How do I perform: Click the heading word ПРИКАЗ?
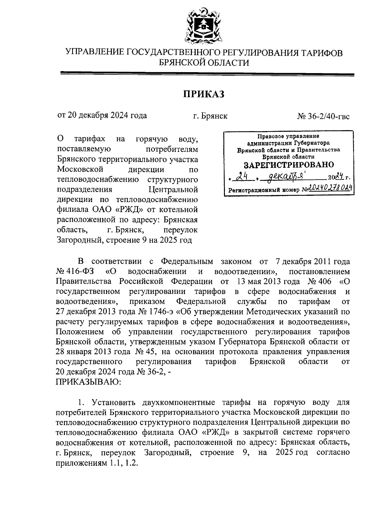pos(204,94)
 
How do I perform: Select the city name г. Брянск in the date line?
pos(210,116)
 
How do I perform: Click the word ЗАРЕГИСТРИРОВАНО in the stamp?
pos(289,165)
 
